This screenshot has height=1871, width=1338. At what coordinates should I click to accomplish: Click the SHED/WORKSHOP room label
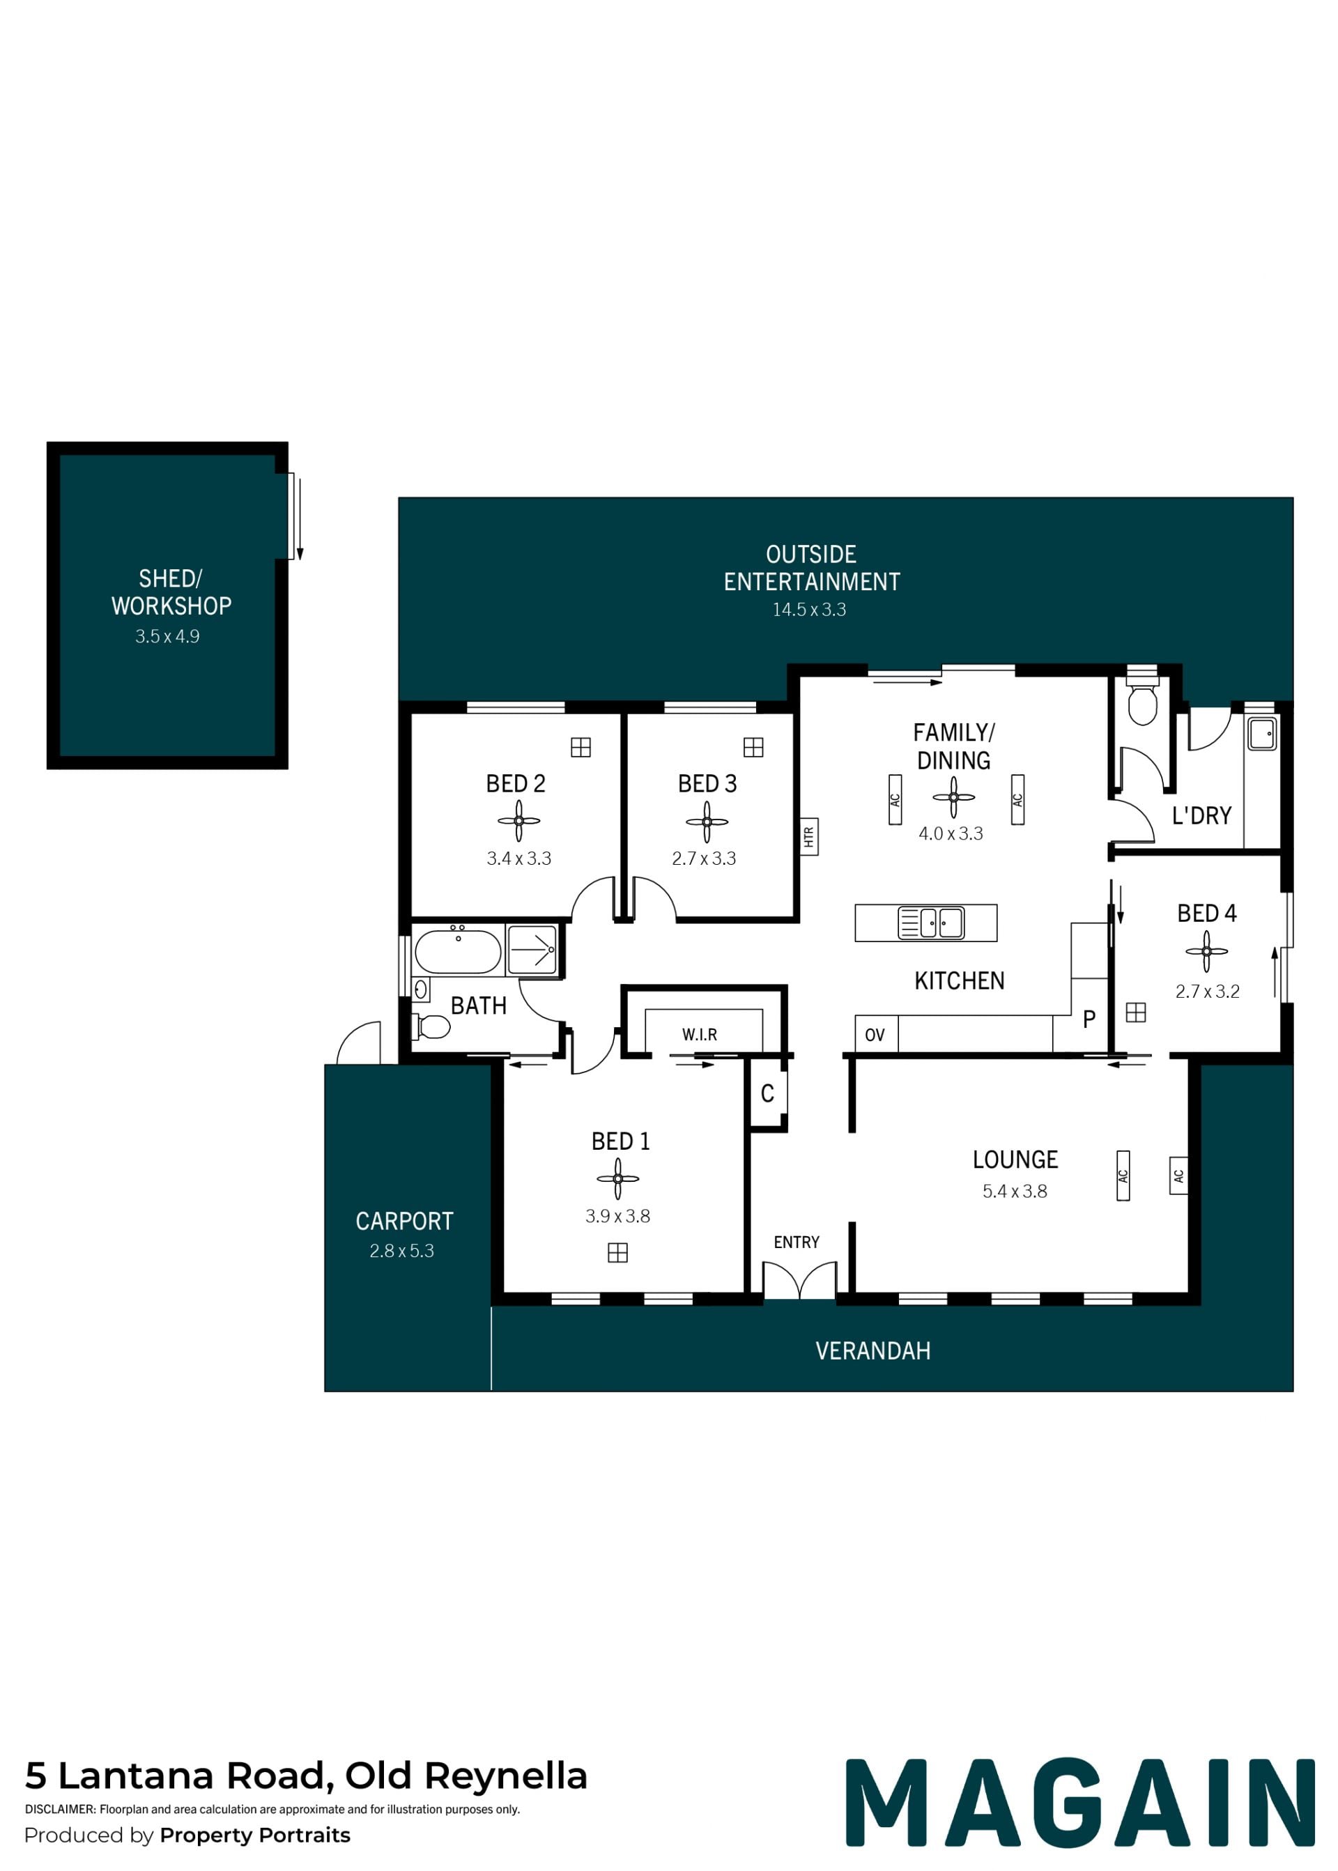pyautogui.click(x=171, y=592)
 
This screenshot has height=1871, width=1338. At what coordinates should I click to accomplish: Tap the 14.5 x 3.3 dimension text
pyautogui.click(x=809, y=610)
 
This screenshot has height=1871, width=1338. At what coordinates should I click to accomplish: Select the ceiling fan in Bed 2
pyautogui.click(x=519, y=821)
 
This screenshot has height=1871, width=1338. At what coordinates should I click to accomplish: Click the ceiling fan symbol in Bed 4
pyautogui.click(x=1206, y=952)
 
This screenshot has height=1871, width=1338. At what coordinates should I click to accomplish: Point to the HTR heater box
pyautogui.click(x=809, y=837)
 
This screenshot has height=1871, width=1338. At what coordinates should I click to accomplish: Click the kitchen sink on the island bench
pyautogui.click(x=931, y=923)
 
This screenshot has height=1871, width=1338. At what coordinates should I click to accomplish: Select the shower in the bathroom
pyautogui.click(x=532, y=950)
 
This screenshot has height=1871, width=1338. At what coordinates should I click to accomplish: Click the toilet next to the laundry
pyautogui.click(x=1142, y=701)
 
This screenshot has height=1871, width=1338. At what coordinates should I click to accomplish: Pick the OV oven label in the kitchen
pyautogui.click(x=875, y=1035)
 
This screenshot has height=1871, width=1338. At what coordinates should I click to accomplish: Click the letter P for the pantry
pyautogui.click(x=1089, y=1019)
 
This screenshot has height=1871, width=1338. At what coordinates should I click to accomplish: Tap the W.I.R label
pyautogui.click(x=700, y=1035)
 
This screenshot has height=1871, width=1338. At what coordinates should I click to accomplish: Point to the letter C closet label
pyautogui.click(x=767, y=1093)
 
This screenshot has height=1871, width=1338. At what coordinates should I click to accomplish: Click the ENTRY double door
pyautogui.click(x=799, y=1279)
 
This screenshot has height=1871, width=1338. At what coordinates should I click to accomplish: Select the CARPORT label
pyautogui.click(x=404, y=1221)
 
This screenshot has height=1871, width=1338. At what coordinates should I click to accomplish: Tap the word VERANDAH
pyautogui.click(x=873, y=1351)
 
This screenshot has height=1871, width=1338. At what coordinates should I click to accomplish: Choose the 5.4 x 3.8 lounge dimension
pyautogui.click(x=1015, y=1192)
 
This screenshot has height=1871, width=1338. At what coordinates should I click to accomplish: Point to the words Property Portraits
pyautogui.click(x=256, y=1835)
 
